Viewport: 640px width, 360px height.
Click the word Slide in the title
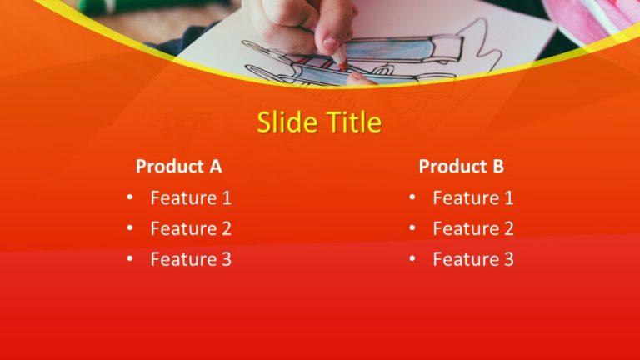point(284,122)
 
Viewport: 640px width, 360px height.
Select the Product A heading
point(178,166)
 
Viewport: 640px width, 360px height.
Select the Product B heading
point(461,166)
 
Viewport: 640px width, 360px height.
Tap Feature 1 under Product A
point(191,198)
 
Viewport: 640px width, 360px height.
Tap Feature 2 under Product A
point(191,228)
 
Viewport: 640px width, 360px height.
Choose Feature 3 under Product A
point(191,259)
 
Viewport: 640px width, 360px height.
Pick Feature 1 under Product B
point(473,198)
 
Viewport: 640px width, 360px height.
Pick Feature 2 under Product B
point(473,228)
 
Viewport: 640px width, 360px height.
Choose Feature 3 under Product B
point(473,259)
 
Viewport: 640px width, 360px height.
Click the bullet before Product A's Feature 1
point(130,198)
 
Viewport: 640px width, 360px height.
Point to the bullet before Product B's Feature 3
point(412,259)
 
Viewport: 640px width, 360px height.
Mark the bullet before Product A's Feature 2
point(130,228)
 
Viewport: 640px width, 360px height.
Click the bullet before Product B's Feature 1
point(412,198)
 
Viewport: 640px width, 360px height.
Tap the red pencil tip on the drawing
point(342,65)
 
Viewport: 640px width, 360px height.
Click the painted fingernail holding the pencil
point(331,43)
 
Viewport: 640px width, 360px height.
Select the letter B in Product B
point(497,166)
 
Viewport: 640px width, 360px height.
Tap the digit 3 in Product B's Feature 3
point(508,259)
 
